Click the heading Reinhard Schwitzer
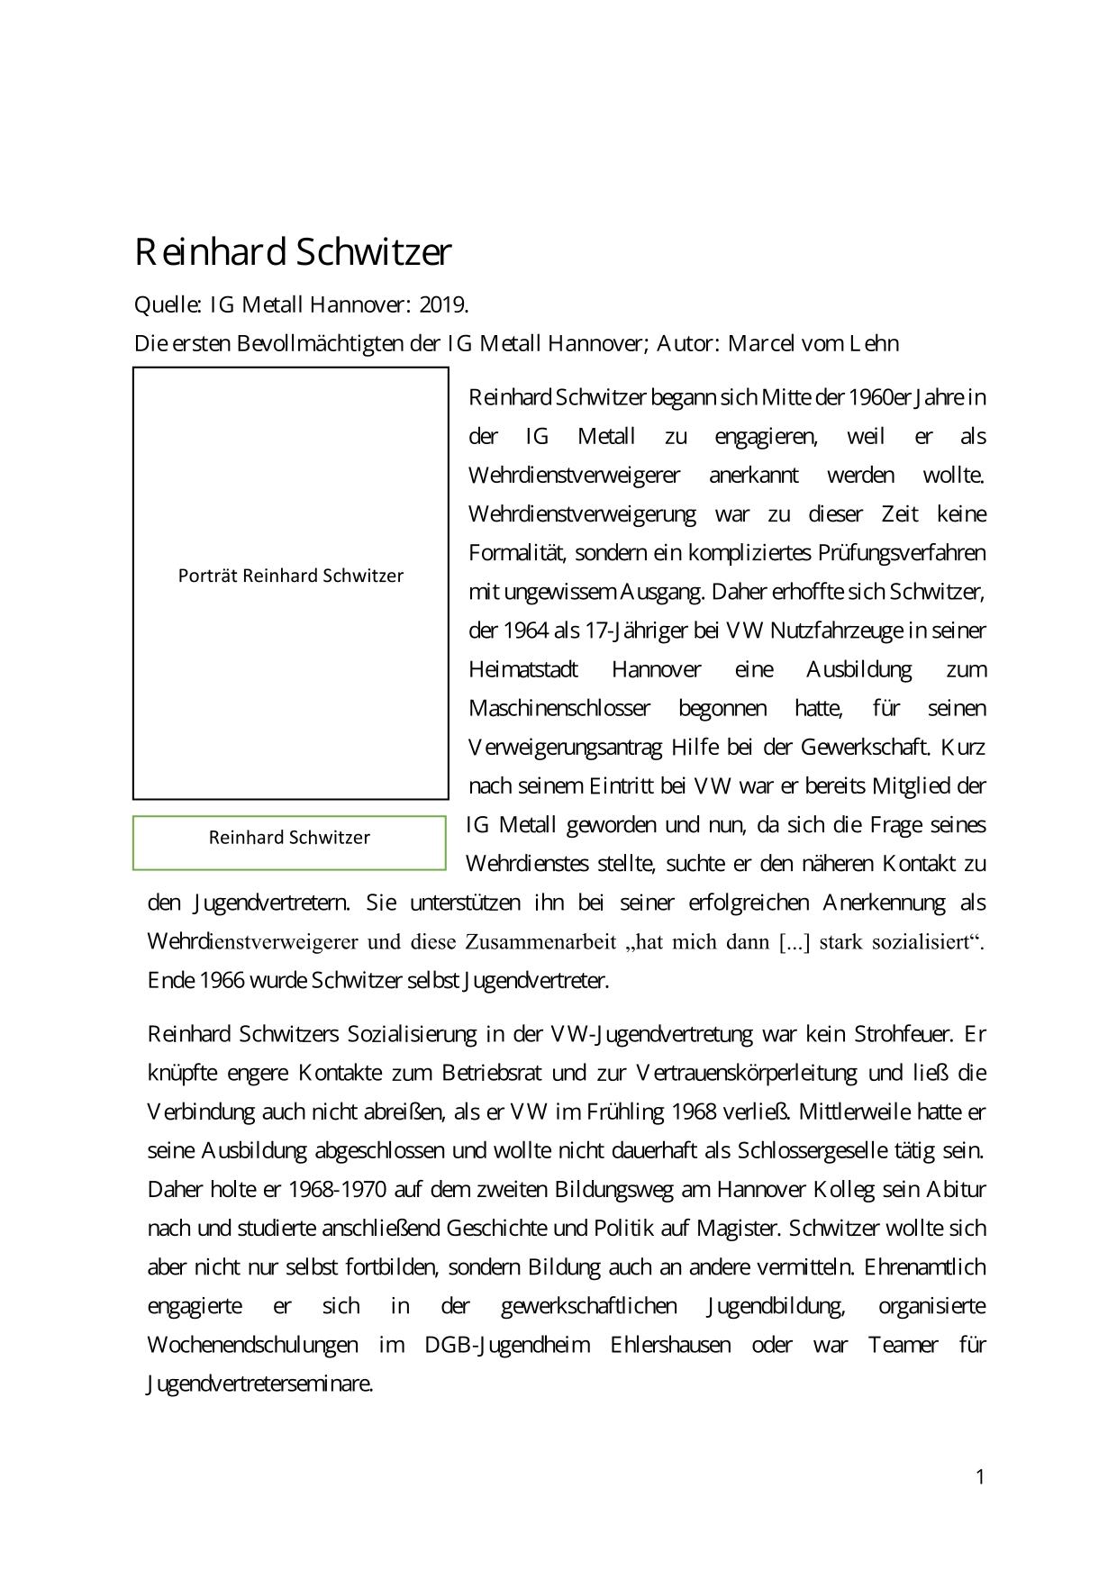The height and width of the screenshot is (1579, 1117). coord(293,253)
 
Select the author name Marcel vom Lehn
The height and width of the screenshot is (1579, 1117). coord(813,344)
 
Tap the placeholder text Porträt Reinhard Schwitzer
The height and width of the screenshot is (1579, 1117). coord(291,576)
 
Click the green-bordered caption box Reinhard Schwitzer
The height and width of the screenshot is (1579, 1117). coord(289,838)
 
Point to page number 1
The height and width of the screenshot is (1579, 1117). coord(980,1476)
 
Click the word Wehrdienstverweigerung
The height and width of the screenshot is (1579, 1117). coord(582,514)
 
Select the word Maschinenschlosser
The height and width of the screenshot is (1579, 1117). coord(558,709)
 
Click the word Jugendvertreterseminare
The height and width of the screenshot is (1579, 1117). coord(259,1384)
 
